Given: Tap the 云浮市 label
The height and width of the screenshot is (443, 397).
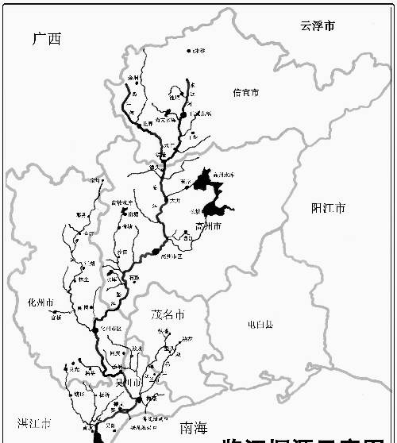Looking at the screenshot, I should tap(317, 26).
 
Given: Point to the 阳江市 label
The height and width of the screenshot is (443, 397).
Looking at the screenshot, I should tap(328, 210).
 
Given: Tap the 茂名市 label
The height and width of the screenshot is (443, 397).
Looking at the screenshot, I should tap(168, 315).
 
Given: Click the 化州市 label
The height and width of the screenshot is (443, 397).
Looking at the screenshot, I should tap(40, 303).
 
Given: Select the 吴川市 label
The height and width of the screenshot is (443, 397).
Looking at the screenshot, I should tap(128, 383).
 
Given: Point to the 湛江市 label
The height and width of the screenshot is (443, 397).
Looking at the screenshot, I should tap(35, 422).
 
